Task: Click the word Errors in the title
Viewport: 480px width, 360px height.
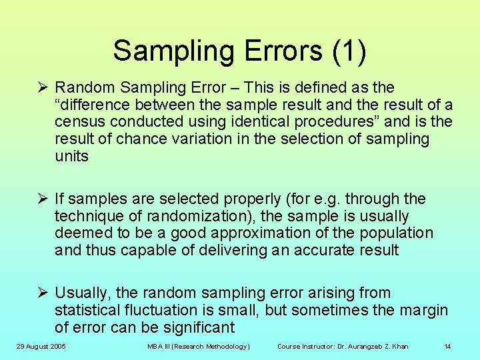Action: [x=287, y=51]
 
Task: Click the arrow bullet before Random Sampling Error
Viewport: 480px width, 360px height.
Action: [x=42, y=87]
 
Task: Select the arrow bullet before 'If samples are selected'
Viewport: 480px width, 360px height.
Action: [x=42, y=199]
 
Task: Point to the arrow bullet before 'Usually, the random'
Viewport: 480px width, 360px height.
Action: [x=42, y=293]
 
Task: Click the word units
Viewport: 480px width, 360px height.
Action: [x=71, y=157]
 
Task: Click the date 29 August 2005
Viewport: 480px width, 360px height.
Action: [x=42, y=346]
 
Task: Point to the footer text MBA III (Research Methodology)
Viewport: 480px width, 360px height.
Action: [x=199, y=346]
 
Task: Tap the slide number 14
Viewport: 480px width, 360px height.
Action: [x=448, y=346]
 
